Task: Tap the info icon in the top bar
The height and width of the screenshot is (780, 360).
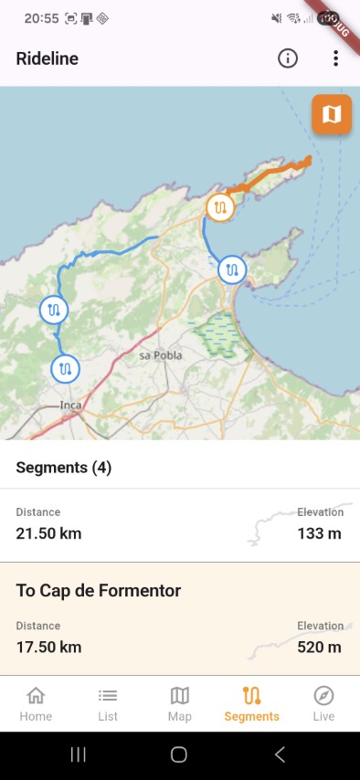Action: tap(288, 58)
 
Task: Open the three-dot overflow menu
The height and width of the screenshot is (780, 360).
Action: tap(336, 58)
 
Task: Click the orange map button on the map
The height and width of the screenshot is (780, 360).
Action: tap(332, 114)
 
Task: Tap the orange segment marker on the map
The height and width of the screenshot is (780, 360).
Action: tap(220, 208)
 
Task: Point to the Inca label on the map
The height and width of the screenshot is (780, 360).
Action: tap(70, 404)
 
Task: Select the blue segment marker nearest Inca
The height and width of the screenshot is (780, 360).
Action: tap(65, 369)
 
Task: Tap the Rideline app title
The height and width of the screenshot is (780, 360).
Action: tap(48, 58)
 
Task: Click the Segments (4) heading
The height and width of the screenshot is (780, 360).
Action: tap(64, 468)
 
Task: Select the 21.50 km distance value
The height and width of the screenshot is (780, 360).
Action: tap(48, 532)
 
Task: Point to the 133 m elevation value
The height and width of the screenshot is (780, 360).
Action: tap(319, 532)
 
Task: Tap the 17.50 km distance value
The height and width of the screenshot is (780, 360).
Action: tap(48, 647)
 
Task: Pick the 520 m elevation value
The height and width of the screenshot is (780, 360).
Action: tap(319, 647)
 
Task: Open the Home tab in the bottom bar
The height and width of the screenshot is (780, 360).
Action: tap(36, 703)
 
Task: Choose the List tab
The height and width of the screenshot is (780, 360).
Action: tap(108, 703)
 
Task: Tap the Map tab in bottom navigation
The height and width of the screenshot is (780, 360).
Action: tap(180, 703)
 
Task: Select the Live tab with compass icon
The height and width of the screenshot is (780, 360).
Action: tap(323, 703)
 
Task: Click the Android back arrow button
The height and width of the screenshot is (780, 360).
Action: tap(281, 754)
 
